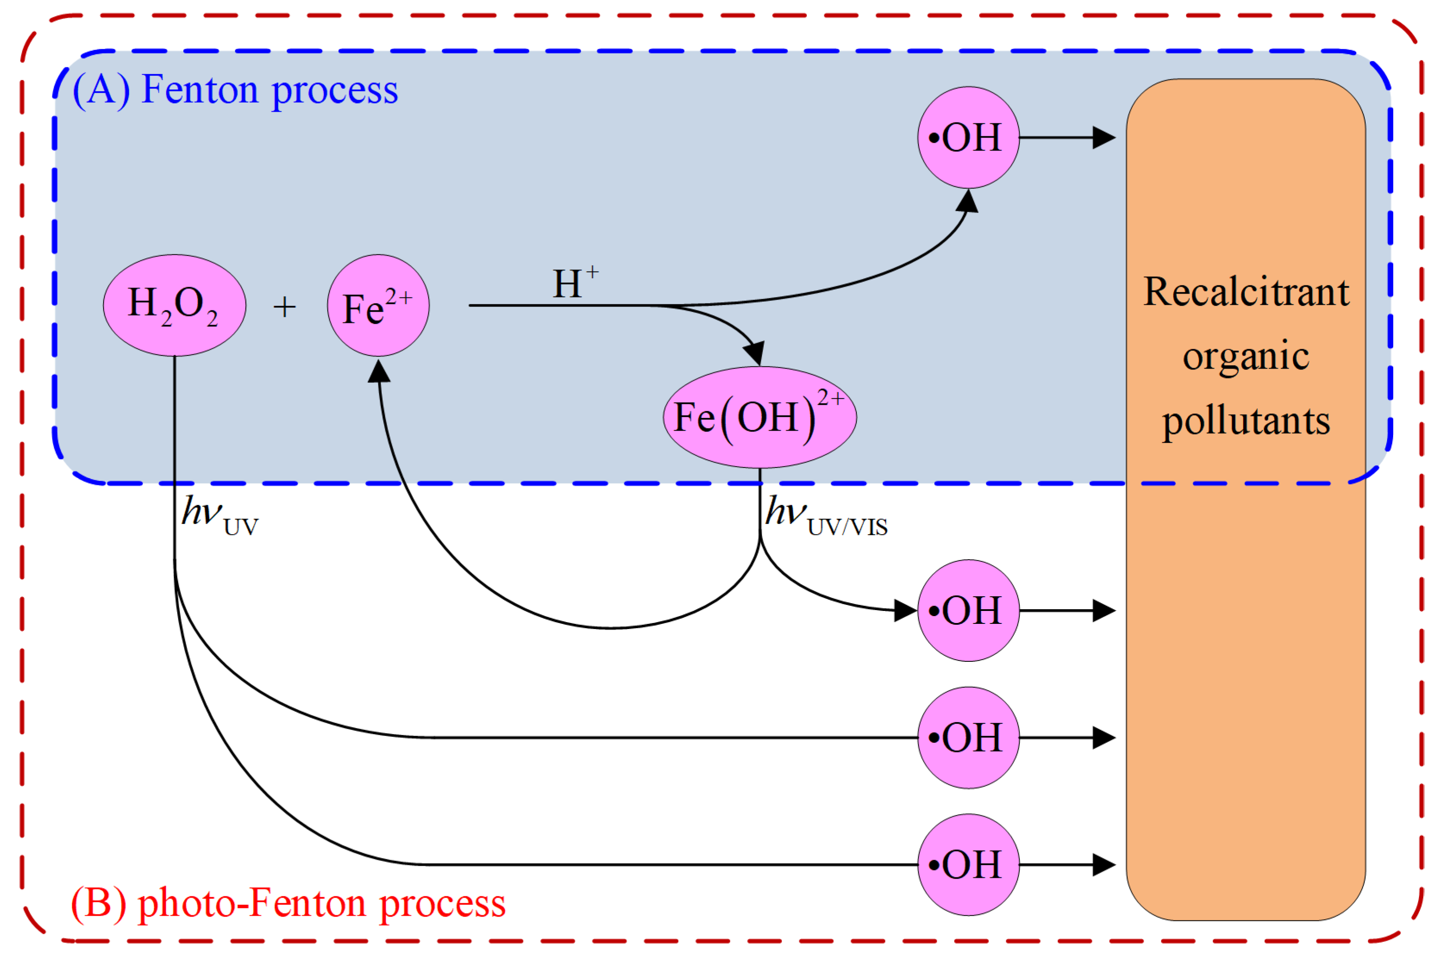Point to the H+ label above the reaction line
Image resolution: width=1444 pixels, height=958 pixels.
pos(575,283)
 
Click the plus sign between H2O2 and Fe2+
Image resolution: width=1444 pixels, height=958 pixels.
pos(284,306)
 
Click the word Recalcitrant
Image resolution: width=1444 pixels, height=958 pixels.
pos(1246,291)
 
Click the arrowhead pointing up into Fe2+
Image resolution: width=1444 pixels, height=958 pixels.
pos(379,370)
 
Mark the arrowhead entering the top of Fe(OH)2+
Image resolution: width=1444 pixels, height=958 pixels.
pos(756,353)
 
